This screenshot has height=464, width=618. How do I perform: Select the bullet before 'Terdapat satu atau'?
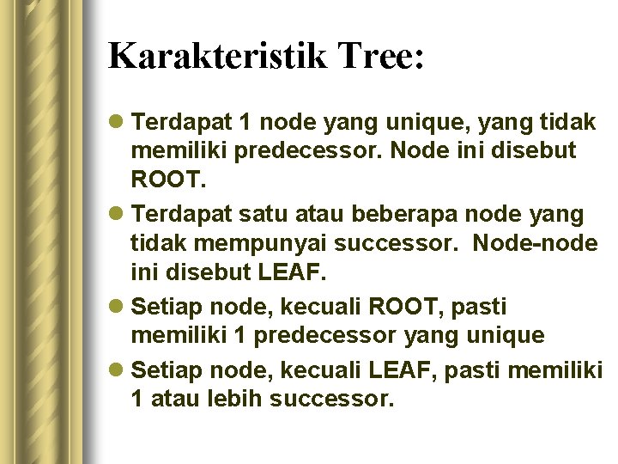click(118, 214)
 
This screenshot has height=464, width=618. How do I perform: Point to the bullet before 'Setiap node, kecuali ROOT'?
click(118, 307)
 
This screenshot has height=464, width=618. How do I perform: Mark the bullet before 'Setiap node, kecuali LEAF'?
click(118, 370)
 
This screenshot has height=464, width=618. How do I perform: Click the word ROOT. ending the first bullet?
click(158, 182)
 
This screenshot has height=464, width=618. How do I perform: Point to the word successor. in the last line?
click(331, 399)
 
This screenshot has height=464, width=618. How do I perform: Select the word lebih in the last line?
click(237, 399)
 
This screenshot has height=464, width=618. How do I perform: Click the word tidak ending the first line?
click(568, 123)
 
